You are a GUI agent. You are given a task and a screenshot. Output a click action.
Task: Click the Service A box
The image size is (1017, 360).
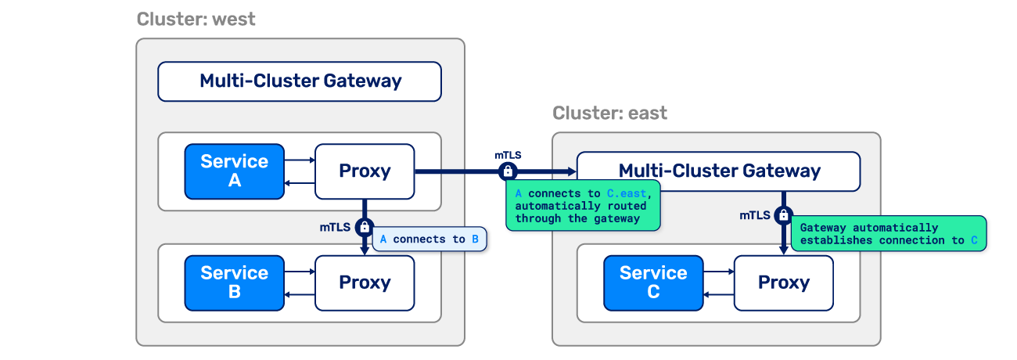tap(234, 171)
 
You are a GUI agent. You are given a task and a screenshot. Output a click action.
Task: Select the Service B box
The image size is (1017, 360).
tap(234, 283)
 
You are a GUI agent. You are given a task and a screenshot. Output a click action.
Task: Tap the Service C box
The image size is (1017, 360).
tap(653, 283)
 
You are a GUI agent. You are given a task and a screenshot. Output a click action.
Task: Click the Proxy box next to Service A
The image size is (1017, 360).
tap(365, 171)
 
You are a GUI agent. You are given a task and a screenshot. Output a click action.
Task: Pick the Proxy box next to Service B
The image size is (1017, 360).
tap(365, 283)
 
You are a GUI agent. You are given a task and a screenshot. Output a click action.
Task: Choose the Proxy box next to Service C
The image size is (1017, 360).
tap(783, 283)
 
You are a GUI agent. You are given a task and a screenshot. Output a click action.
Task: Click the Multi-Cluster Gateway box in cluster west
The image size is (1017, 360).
tap(300, 81)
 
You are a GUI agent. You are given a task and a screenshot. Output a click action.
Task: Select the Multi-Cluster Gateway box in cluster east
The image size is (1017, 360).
tap(718, 171)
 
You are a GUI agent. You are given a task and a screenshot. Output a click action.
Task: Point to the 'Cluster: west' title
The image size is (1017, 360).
tap(196, 20)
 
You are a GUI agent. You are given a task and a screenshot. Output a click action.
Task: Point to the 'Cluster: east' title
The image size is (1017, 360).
tap(610, 113)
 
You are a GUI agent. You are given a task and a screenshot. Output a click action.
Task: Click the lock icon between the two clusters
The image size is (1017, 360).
tap(508, 171)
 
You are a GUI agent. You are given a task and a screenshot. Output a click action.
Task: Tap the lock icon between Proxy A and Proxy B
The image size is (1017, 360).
tap(365, 228)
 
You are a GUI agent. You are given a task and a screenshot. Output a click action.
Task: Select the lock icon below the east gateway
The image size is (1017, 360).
tap(783, 215)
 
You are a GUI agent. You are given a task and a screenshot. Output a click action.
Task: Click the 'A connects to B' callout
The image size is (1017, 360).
tap(429, 239)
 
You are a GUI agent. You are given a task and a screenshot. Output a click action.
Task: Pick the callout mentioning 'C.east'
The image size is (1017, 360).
tap(584, 207)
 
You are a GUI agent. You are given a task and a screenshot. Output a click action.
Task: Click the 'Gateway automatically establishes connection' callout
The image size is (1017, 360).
tap(888, 234)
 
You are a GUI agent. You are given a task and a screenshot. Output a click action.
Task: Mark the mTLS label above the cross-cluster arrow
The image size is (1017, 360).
tap(508, 155)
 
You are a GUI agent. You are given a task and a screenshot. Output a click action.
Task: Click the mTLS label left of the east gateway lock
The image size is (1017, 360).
tap(755, 215)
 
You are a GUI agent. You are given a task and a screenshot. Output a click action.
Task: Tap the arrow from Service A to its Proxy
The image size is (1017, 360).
tap(300, 160)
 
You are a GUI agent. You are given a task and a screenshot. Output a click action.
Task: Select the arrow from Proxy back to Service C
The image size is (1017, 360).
tap(718, 294)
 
